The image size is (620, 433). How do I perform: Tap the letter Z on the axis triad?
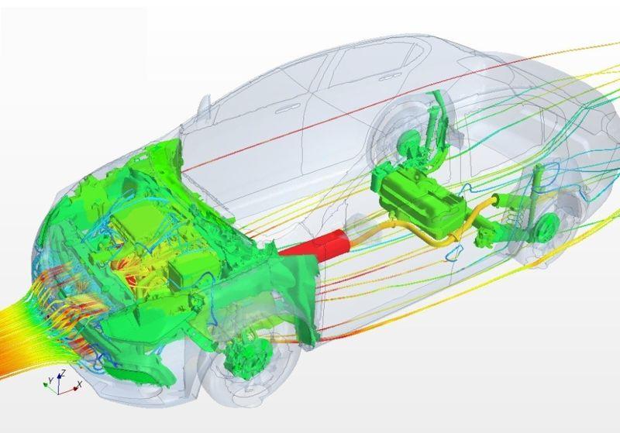pyautogui.click(x=64, y=372)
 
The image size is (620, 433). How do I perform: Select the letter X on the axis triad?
pyautogui.click(x=80, y=383)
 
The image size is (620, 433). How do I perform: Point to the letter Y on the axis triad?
pyautogui.click(x=50, y=380)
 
